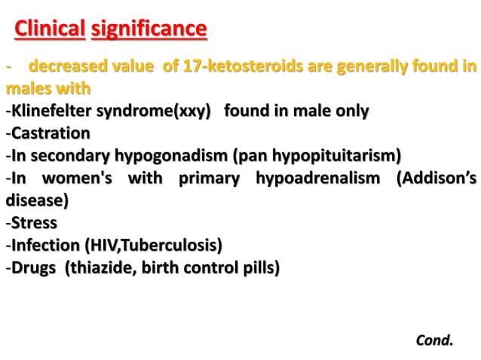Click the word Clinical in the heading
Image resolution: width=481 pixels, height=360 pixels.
(50, 30)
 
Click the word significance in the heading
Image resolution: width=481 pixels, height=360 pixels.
(149, 30)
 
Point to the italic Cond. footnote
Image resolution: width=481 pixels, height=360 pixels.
(435, 340)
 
